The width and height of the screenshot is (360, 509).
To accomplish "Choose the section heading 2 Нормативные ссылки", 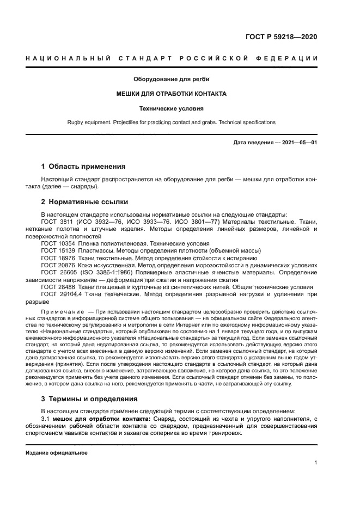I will pos(84,201).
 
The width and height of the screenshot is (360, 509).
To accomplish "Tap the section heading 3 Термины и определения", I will pos(89,398).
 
